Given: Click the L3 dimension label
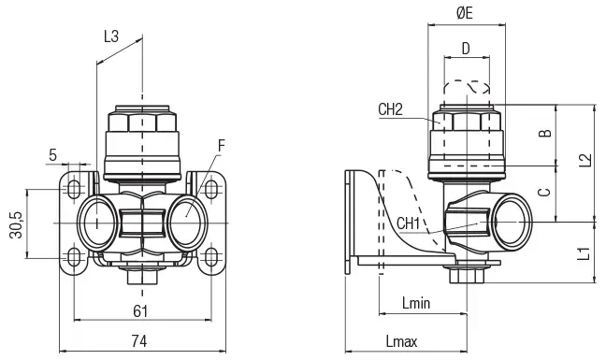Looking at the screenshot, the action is point(111,36).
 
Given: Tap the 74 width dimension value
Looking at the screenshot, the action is point(139,341).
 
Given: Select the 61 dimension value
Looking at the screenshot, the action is point(140,311).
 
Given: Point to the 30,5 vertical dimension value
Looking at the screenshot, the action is point(17,225).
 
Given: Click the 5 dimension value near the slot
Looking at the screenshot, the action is point(53,155).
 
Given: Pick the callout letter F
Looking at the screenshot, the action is point(222,146).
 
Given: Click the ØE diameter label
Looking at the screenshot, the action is point(465,13).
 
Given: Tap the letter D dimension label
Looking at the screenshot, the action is point(466,49).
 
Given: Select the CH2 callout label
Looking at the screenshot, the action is point(390,109).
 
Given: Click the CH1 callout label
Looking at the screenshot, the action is point(408,223).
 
